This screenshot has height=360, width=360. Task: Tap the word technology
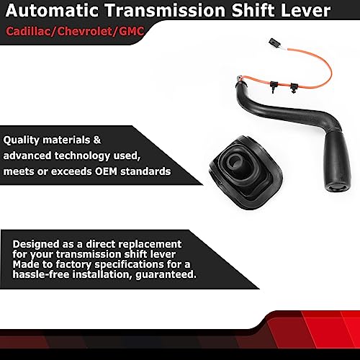84,156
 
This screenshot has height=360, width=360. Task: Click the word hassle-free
37,275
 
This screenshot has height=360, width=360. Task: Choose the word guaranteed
163,275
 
